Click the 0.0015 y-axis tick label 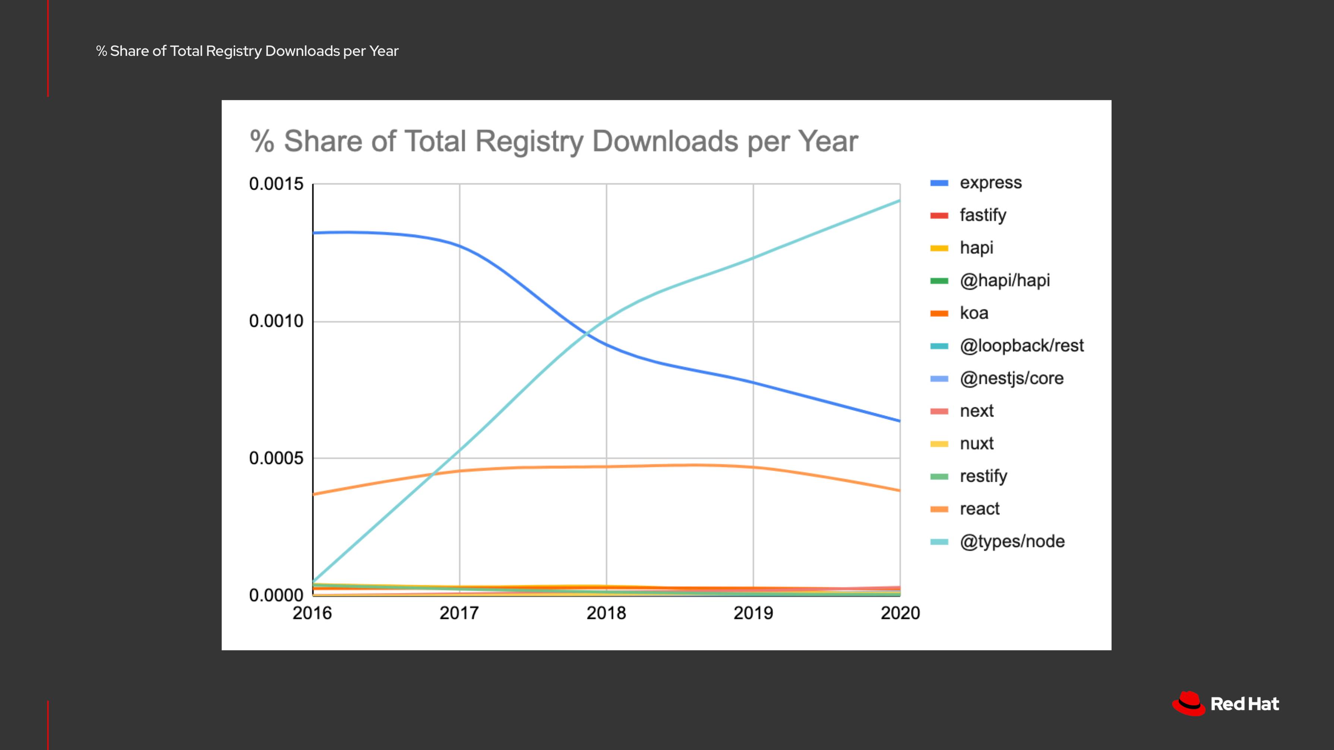(276, 184)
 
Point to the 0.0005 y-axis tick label (276, 458)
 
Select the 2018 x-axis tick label (606, 613)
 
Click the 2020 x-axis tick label (900, 613)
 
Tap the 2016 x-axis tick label (312, 613)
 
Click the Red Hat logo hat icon (1188, 703)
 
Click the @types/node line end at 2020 (899, 200)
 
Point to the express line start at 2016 (314, 233)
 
